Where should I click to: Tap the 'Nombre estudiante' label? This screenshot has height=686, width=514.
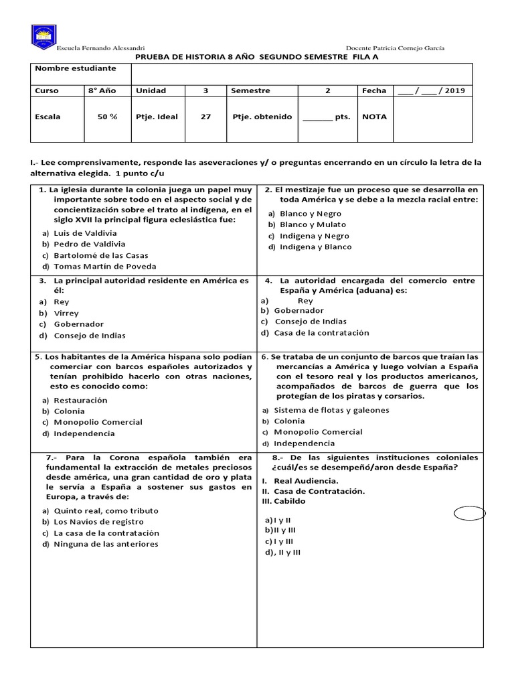(75, 68)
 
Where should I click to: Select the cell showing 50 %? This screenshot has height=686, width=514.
(107, 117)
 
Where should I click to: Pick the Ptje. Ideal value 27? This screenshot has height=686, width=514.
(205, 117)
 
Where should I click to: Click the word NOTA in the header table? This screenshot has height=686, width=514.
(374, 117)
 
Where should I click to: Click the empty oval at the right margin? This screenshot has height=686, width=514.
(469, 514)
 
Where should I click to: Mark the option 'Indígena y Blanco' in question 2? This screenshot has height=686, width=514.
(315, 247)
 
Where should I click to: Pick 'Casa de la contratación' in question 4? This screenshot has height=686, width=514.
(321, 333)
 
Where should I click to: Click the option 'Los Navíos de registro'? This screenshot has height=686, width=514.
(98, 522)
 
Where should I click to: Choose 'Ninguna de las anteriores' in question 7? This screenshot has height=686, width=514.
(106, 544)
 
